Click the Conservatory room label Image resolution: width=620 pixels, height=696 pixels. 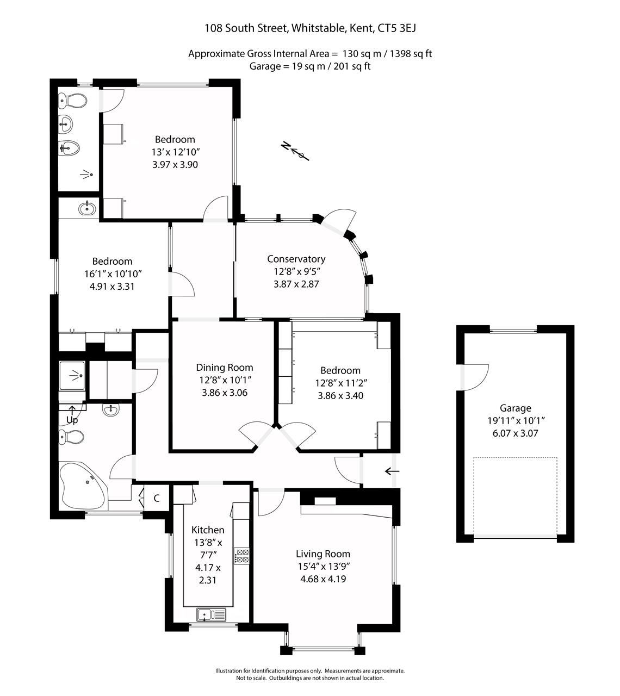point(296,259)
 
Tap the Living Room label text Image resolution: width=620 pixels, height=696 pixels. point(323,554)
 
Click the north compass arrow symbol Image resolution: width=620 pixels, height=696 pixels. point(295,151)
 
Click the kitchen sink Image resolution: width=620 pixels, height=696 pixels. point(211,615)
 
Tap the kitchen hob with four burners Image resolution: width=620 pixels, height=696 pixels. point(242,556)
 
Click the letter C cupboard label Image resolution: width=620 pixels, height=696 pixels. point(157,498)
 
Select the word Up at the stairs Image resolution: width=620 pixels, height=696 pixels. point(72,420)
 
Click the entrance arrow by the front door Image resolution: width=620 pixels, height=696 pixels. point(392,471)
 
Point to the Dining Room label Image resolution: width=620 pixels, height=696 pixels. point(224,368)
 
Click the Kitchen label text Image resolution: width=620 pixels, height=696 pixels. point(208,530)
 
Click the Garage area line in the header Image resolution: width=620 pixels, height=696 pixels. point(310,66)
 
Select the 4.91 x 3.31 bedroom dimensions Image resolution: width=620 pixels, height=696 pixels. point(112,286)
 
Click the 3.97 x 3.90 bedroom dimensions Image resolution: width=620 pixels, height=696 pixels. point(175,164)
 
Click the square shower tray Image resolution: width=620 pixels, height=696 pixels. point(72,376)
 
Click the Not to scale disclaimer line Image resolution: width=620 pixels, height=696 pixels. point(310,678)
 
